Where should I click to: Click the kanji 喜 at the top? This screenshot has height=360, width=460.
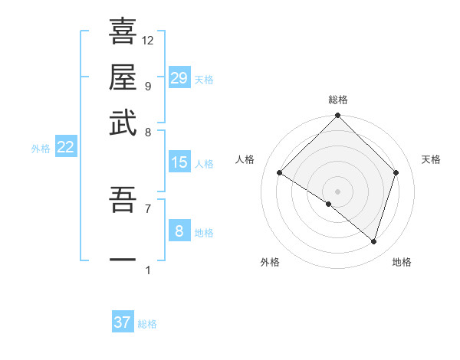(123, 31)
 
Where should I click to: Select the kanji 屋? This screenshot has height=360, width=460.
(123, 77)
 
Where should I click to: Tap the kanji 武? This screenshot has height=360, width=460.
(123, 123)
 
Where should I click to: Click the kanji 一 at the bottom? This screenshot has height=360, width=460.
(123, 259)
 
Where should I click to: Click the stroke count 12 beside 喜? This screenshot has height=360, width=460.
(148, 40)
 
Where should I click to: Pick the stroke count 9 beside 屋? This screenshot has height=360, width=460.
(147, 86)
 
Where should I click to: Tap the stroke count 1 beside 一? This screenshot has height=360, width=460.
(147, 270)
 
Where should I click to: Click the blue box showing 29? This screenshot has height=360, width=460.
(179, 78)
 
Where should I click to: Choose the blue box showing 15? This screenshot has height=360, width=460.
(179, 162)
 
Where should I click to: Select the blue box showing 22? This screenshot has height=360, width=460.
(65, 148)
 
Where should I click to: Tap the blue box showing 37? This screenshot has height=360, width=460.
(123, 322)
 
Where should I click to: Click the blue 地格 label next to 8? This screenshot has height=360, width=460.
(204, 233)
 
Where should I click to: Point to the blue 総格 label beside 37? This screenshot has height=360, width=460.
(147, 324)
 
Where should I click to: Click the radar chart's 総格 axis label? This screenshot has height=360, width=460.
(337, 100)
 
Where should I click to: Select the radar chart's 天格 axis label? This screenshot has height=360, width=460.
(432, 159)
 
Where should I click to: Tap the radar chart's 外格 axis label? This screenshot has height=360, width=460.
(270, 262)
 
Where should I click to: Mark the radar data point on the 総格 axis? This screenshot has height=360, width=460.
(337, 116)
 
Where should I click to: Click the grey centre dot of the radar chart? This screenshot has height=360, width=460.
(337, 191)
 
